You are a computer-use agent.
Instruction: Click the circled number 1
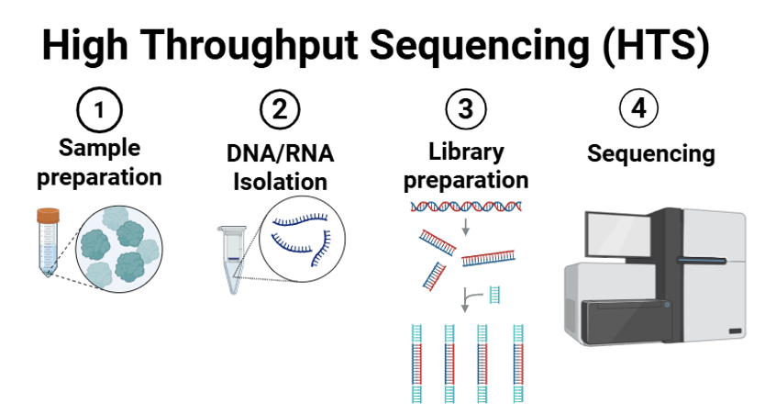click(99, 109)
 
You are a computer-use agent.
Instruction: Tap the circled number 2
click(280, 109)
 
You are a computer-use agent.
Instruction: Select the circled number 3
click(466, 108)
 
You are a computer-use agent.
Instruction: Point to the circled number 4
click(639, 108)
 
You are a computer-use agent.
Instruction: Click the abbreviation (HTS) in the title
click(657, 46)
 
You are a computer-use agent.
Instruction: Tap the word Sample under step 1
click(99, 148)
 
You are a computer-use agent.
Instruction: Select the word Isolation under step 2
click(280, 182)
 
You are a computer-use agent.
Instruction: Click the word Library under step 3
click(466, 151)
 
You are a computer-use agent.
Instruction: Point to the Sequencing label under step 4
click(651, 153)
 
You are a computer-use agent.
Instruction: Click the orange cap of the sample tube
click(48, 216)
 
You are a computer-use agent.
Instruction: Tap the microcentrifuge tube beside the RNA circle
click(233, 260)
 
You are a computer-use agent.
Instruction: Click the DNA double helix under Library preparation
click(466, 206)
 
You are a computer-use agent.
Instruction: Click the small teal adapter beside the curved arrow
click(494, 295)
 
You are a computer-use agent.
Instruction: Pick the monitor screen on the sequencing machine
click(618, 234)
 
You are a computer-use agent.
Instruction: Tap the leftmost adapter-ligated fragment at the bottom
click(417, 364)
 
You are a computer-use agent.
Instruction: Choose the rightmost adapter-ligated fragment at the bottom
click(518, 364)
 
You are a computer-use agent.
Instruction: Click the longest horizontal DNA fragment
click(489, 258)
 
